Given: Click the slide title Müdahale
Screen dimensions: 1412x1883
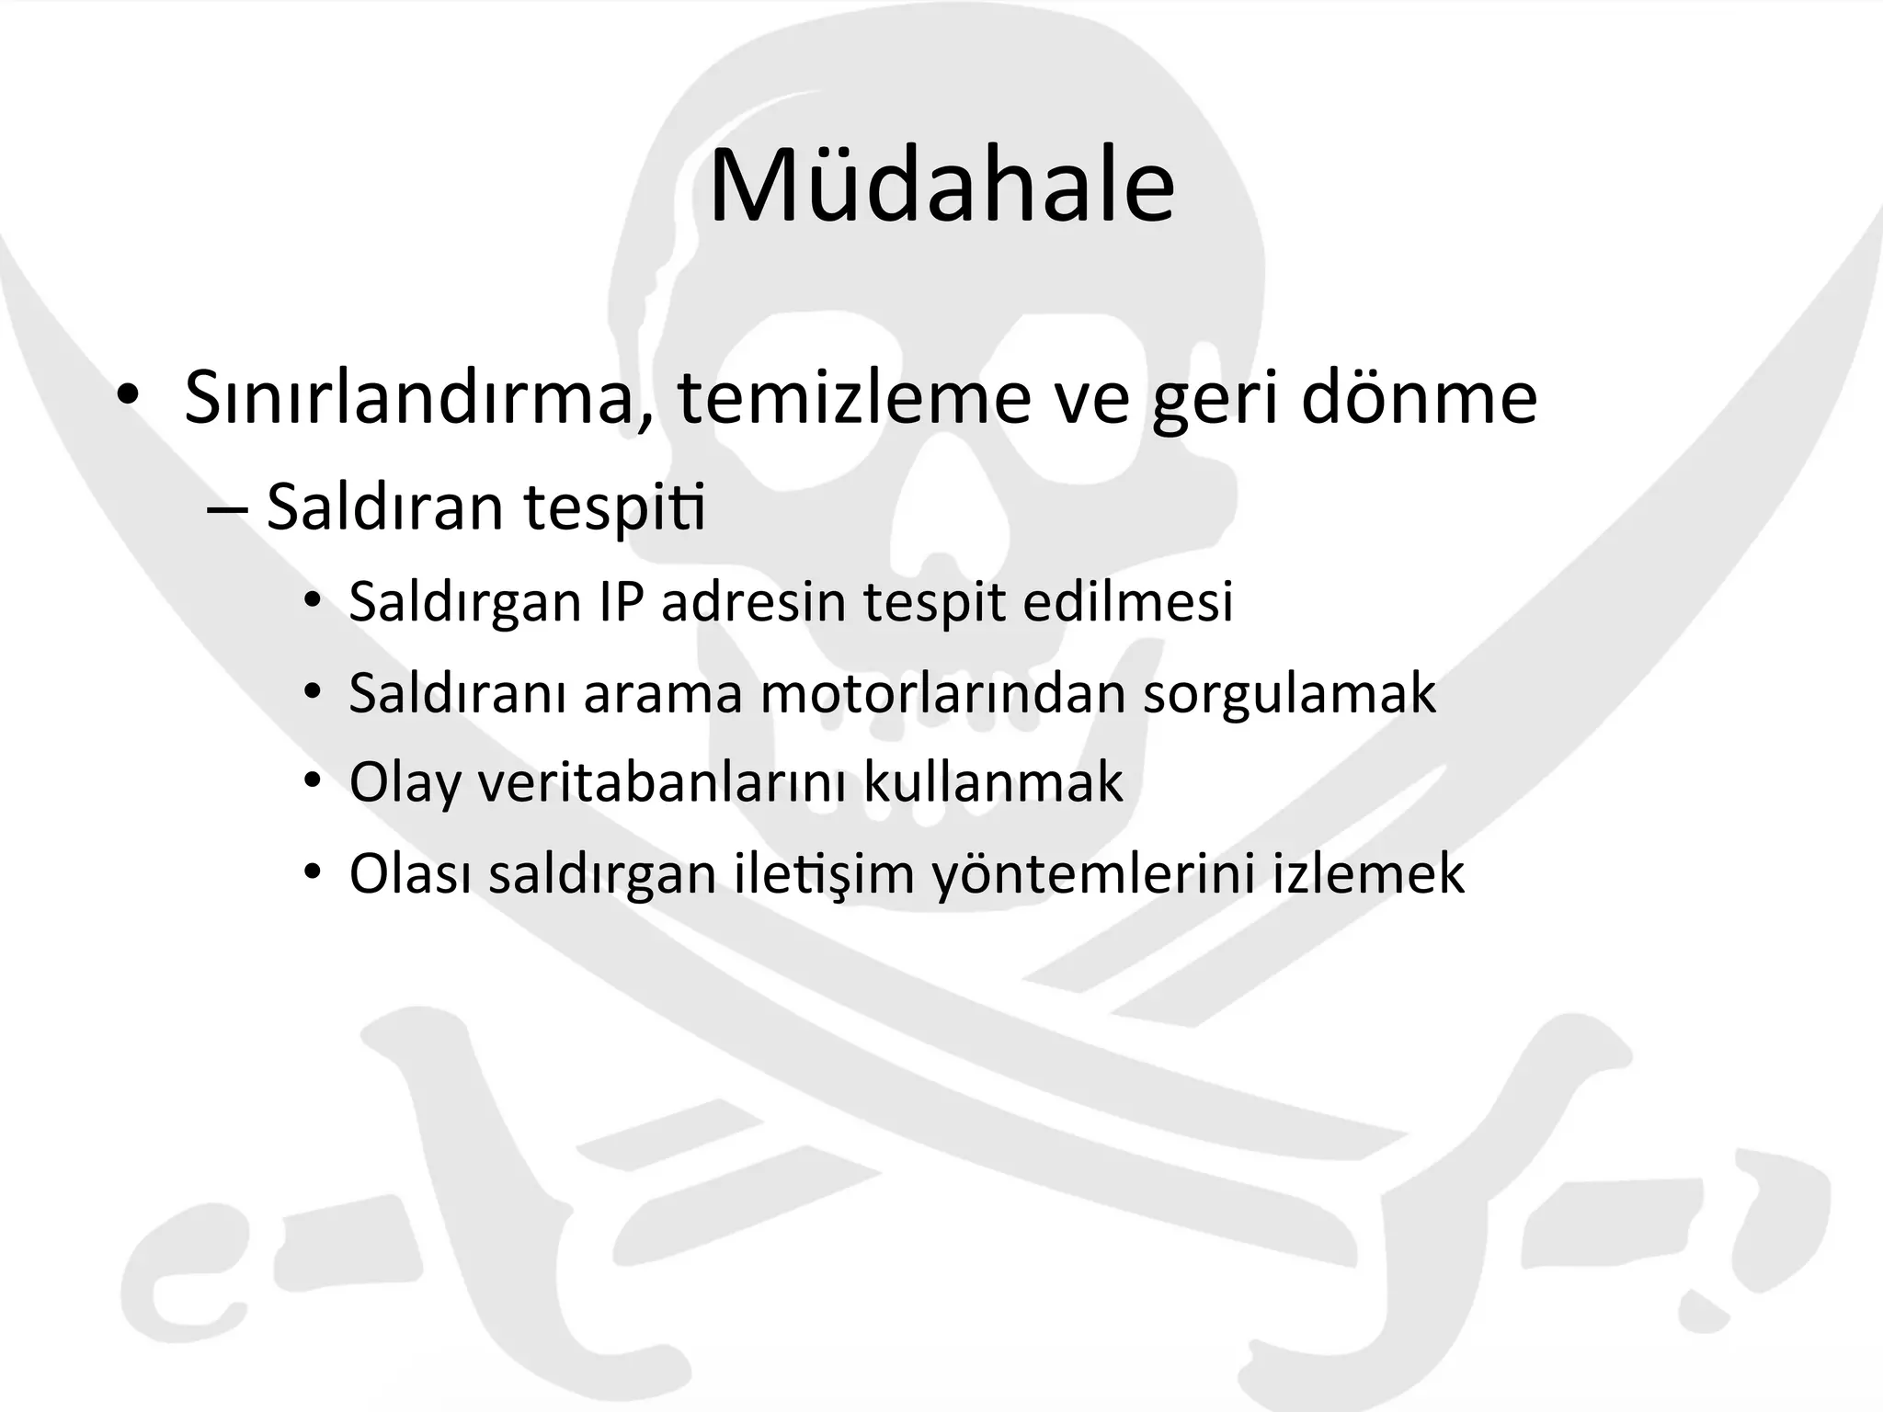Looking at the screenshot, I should pyautogui.click(x=941, y=186).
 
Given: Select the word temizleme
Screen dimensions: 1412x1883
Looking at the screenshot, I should pyautogui.click(x=855, y=397).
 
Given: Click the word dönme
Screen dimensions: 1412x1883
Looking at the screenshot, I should pyautogui.click(x=1419, y=397).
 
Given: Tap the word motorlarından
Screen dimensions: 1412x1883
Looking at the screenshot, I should pyautogui.click(x=942, y=693).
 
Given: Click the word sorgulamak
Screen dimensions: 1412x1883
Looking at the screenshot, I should pyautogui.click(x=1289, y=693).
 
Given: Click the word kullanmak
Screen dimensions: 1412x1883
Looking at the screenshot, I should pyautogui.click(x=993, y=783).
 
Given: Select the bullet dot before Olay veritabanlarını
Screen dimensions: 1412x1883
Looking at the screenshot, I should pyautogui.click(x=313, y=783).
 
